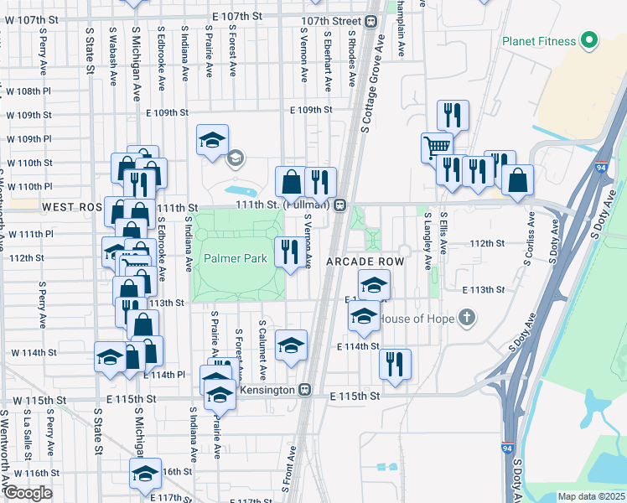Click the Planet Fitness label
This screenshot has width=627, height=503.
[x=539, y=41]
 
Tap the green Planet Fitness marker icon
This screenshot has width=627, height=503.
[x=588, y=40]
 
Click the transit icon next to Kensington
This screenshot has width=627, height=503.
[x=305, y=391]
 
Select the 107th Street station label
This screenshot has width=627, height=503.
[x=333, y=21]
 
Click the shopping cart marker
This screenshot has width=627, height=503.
[x=437, y=148]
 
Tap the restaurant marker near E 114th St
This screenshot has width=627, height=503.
[x=394, y=364]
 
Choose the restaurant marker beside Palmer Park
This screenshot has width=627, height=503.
[x=289, y=251]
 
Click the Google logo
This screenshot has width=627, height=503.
[x=28, y=493]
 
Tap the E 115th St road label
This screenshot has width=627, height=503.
[x=355, y=395]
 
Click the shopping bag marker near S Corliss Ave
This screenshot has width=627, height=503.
[x=518, y=179]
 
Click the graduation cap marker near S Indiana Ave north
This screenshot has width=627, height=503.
[x=213, y=139]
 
